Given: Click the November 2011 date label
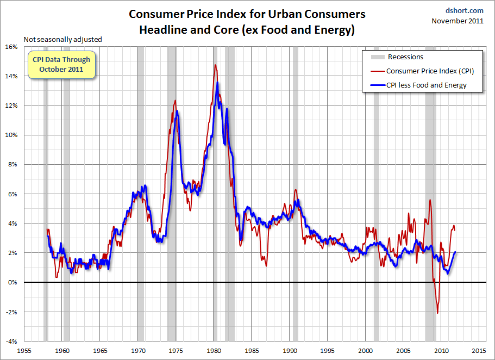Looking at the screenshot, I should pyautogui.click(x=458, y=21).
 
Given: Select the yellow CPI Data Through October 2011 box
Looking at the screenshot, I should pyautogui.click(x=61, y=65).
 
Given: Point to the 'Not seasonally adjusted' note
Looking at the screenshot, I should pyautogui.click(x=62, y=39).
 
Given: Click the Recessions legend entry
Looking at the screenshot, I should pyautogui.click(x=405, y=57).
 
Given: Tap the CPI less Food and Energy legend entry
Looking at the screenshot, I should pyautogui.click(x=426, y=85).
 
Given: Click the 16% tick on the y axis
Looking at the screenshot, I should pyautogui.click(x=11, y=47).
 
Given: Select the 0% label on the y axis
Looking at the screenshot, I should pyautogui.click(x=12, y=282).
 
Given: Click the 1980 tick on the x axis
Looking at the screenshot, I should pyautogui.click(x=214, y=351).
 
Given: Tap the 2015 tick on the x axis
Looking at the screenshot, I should pyautogui.click(x=479, y=351).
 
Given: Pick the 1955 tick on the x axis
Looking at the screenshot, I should pyautogui.click(x=26, y=351).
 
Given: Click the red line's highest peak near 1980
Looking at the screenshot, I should pyautogui.click(x=215, y=65).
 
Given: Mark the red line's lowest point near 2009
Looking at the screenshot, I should pyautogui.click(x=437, y=313).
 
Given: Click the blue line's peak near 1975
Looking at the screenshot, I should pyautogui.click(x=177, y=111).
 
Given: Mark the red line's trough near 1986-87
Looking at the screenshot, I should pyautogui.click(x=266, y=265).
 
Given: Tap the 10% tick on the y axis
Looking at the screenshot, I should pyautogui.click(x=11, y=135).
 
